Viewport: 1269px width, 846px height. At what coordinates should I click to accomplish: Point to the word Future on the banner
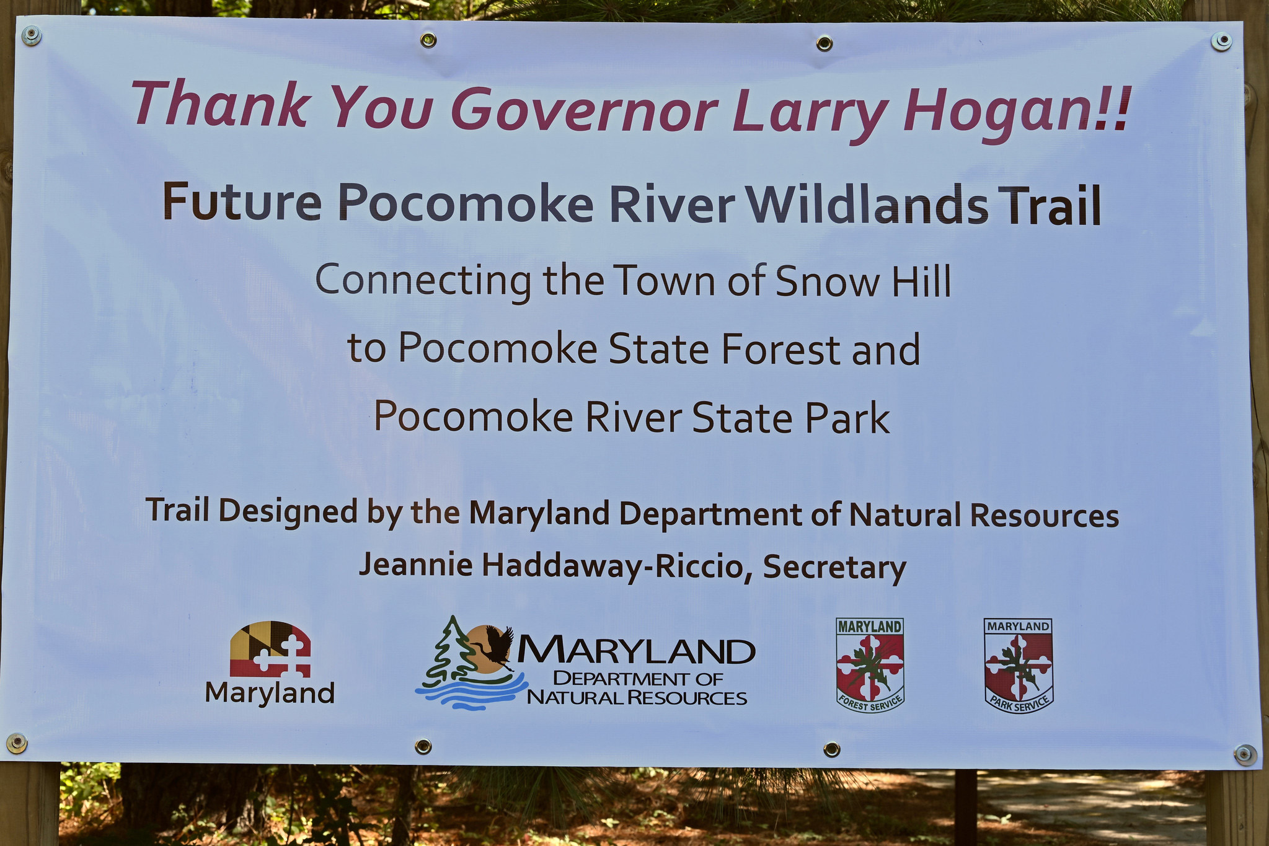tap(242, 202)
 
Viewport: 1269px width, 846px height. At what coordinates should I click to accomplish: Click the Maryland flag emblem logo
tap(270, 649)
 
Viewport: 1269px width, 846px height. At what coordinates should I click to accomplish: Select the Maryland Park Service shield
tap(1018, 665)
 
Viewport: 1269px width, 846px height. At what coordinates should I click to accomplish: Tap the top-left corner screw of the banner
tap(32, 37)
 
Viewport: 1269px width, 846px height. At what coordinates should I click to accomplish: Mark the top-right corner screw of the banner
tap(1221, 42)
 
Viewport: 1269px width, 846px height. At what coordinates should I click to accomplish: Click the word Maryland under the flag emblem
tap(270, 694)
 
